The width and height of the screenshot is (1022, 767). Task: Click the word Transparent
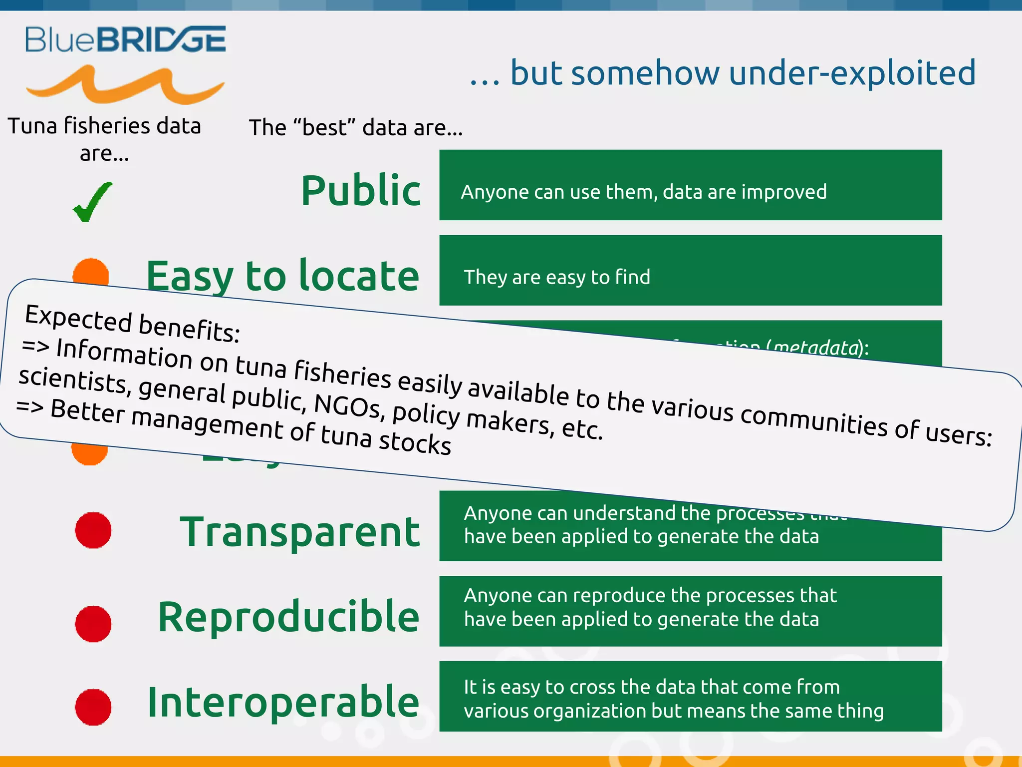point(299,532)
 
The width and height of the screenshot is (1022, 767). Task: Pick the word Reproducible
point(288,617)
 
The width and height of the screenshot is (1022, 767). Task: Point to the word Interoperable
point(283,702)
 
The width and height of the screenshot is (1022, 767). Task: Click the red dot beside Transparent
point(93,530)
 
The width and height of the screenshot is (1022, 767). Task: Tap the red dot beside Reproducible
point(93,624)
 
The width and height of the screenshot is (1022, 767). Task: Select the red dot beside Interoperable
point(93,707)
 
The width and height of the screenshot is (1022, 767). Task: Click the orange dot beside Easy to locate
point(91,272)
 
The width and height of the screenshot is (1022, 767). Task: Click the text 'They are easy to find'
point(557,277)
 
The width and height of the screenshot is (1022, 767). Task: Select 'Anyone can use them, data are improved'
point(643,192)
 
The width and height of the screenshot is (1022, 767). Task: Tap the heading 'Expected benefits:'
point(133,324)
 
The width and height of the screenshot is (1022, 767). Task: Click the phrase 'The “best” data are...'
point(356,128)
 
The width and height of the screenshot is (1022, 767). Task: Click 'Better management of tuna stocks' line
point(250,427)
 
